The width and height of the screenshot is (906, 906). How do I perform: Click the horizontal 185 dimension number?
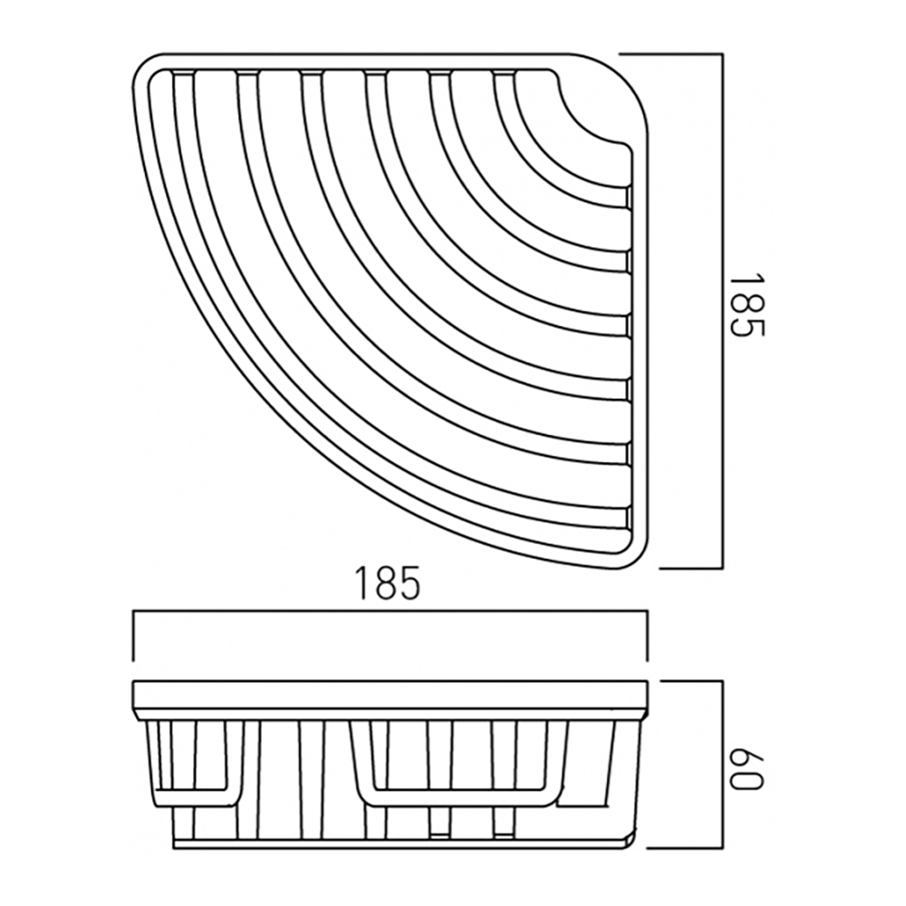point(387,583)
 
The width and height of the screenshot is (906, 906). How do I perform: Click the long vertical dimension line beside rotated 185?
point(722,308)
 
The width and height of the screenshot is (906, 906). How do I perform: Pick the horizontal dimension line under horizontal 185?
point(390,614)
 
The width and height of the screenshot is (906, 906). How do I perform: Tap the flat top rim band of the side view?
point(390,693)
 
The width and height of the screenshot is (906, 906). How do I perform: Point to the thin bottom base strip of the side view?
point(399,843)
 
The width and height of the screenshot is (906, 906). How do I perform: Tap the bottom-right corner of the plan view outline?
point(639,557)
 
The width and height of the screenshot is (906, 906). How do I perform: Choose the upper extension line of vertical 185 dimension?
point(670,53)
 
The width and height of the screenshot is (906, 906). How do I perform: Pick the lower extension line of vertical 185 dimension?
point(689,568)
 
